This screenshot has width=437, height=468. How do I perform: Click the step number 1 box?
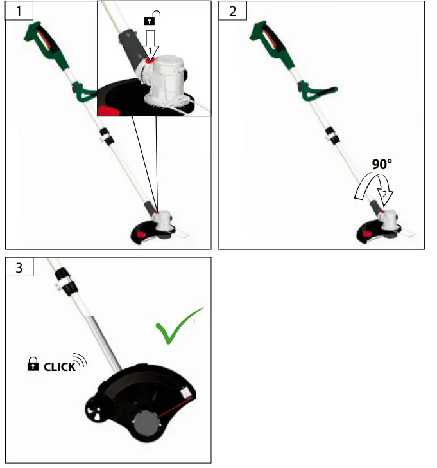19,11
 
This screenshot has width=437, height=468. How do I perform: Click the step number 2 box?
232,11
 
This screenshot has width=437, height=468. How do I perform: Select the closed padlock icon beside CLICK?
33,365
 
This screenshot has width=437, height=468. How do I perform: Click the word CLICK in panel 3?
59,368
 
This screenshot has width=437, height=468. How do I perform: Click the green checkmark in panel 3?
176,328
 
